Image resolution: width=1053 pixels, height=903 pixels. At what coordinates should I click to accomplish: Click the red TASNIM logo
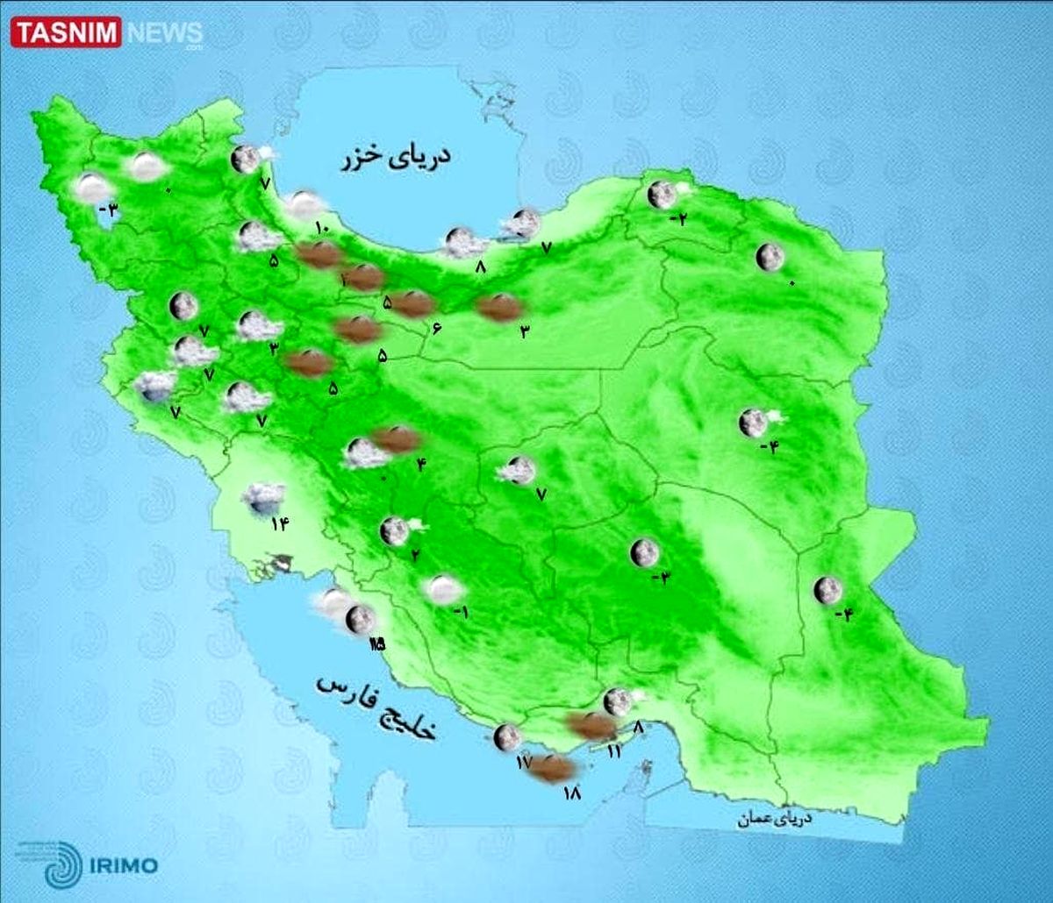[x=66, y=34]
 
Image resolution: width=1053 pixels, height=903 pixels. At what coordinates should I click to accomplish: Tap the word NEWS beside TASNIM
[x=164, y=34]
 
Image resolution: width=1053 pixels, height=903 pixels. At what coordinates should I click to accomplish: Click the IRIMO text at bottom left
[x=123, y=866]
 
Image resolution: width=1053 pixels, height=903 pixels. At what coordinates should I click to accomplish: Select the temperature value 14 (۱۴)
[x=280, y=524]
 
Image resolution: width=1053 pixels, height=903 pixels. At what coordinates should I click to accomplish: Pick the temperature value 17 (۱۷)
[x=524, y=763]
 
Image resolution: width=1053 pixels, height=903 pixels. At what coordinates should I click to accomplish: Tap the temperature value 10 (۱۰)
[x=320, y=229]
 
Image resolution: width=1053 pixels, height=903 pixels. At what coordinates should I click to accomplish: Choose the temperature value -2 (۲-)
[x=677, y=219]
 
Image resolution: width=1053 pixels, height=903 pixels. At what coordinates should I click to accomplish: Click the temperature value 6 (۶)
[x=435, y=328]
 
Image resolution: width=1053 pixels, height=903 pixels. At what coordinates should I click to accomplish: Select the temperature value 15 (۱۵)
[x=377, y=644]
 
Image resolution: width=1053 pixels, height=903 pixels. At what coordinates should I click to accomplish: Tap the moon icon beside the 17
[x=506, y=737]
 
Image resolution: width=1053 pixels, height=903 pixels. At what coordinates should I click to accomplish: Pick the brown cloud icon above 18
[x=554, y=769]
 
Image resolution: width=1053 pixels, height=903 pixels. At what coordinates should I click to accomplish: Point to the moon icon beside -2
[x=661, y=194]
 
